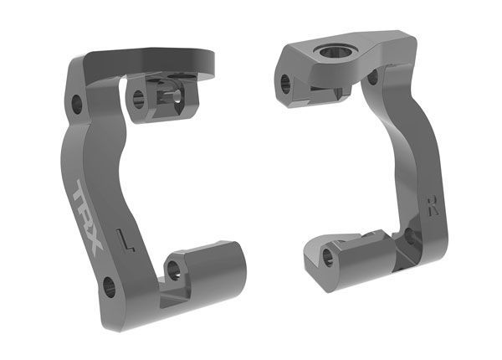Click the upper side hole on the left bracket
click(77, 105)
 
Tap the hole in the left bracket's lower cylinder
click(174, 270)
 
